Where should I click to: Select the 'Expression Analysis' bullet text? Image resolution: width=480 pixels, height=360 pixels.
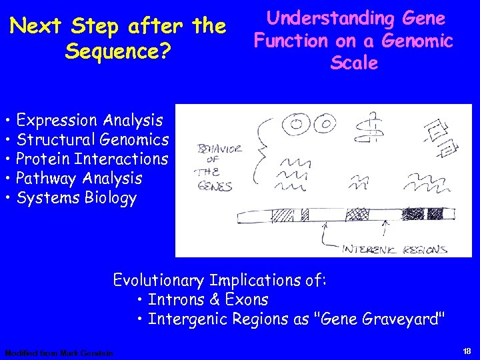(89, 121)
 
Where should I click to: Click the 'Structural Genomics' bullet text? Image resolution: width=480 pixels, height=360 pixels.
(93, 140)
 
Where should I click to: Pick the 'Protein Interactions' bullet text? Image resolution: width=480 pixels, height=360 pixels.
(92, 159)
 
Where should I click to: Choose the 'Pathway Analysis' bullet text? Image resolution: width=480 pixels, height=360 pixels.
(79, 179)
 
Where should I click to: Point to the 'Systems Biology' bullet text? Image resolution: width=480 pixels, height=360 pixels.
(76, 198)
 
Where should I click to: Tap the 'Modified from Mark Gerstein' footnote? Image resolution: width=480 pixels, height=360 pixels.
(59, 353)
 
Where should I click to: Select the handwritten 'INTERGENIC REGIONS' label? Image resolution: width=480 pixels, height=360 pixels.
(395, 249)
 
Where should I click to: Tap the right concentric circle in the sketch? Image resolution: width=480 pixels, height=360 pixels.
(325, 123)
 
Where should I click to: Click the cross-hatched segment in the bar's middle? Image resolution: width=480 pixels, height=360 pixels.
(362, 215)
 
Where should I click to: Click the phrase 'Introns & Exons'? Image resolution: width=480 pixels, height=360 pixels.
(207, 300)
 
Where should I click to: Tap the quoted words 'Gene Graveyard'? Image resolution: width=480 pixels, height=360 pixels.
(377, 319)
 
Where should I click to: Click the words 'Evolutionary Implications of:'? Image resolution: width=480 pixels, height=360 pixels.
(220, 279)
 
